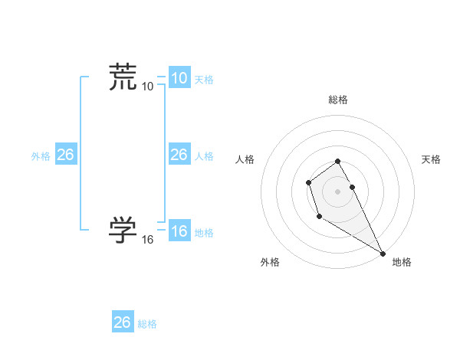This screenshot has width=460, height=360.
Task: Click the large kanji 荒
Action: click(x=123, y=77)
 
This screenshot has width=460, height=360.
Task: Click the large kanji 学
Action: click(x=123, y=229)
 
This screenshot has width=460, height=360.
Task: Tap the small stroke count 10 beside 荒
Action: click(x=147, y=87)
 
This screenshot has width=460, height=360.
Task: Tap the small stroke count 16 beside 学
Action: click(x=147, y=240)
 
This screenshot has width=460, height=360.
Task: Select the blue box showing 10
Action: click(x=179, y=78)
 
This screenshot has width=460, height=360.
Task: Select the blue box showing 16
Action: click(x=179, y=231)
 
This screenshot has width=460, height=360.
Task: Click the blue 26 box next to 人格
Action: click(x=179, y=155)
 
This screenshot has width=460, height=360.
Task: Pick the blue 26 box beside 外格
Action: click(x=65, y=155)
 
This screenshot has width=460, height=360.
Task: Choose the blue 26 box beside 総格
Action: click(x=122, y=322)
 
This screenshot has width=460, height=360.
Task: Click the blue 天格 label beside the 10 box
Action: click(x=204, y=80)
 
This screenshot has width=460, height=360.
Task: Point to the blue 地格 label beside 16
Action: click(x=204, y=233)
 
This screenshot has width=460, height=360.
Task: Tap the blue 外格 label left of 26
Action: click(x=41, y=156)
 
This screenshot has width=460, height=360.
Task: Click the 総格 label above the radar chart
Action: click(x=338, y=100)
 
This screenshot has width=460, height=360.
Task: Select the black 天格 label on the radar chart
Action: click(x=431, y=159)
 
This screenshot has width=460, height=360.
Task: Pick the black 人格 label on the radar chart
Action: click(x=245, y=159)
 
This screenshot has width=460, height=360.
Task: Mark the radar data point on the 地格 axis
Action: click(x=383, y=253)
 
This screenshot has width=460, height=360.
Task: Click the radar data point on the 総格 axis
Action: click(x=338, y=161)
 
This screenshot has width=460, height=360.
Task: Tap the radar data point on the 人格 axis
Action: click(x=308, y=182)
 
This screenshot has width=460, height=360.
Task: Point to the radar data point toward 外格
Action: click(x=319, y=218)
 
